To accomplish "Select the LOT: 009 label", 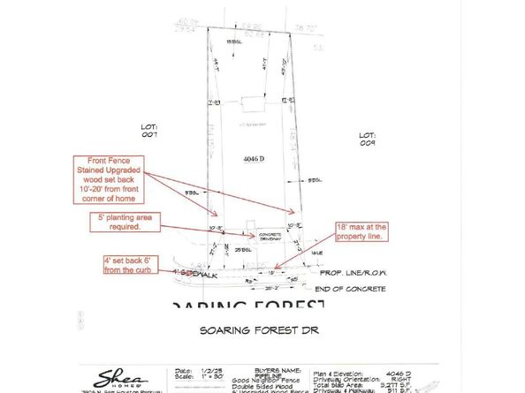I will point(368,138).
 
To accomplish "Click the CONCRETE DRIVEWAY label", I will point(270,237).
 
